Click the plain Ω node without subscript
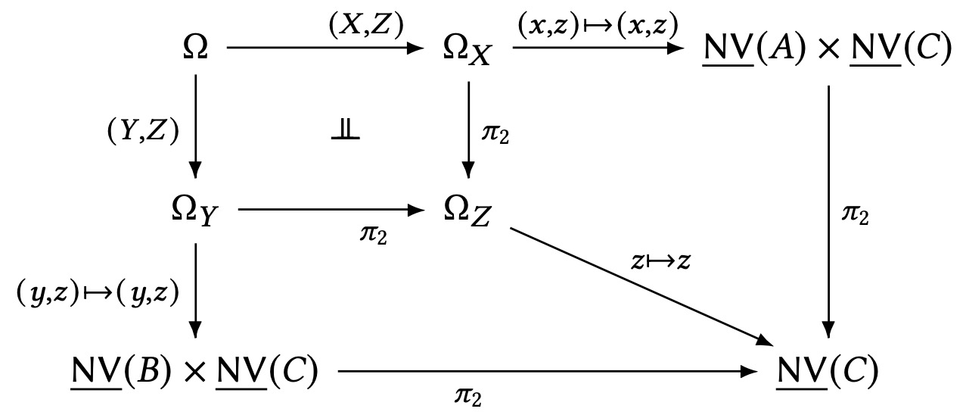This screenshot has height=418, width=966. coord(195,48)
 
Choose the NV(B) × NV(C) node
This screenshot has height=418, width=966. coord(192,370)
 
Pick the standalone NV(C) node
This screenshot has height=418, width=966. coord(828,370)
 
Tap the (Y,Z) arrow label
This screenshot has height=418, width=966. coord(142,132)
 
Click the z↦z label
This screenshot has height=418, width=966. coord(660,262)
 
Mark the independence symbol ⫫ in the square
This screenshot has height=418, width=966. coord(345,130)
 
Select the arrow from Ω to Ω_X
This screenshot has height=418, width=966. coord(325,48)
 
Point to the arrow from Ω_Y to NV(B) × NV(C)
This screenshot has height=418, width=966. coord(195,288)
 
